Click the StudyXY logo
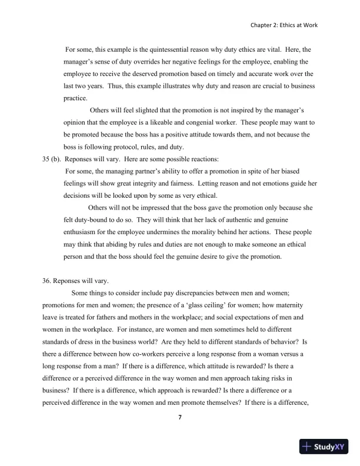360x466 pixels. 324,447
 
